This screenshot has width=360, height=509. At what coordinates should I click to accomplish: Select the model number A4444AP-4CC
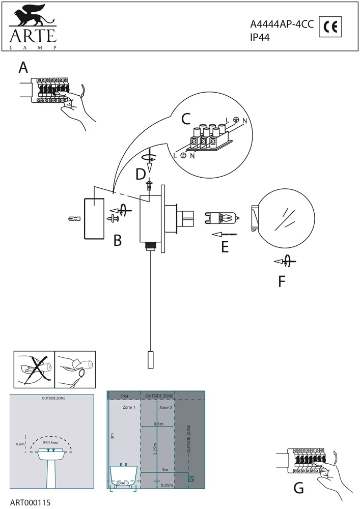(x=282, y=23)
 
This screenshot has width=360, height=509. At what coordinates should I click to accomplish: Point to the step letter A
(x=23, y=67)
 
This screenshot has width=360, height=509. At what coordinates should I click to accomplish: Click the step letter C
(x=186, y=119)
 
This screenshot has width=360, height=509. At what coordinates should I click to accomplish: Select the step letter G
(x=299, y=488)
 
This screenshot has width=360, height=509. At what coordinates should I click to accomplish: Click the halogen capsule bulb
(x=222, y=219)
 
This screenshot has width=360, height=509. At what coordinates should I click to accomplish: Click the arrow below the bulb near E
(x=224, y=234)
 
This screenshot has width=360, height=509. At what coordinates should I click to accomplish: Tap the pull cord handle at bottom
(x=151, y=360)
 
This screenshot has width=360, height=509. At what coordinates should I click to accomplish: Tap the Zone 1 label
(x=129, y=408)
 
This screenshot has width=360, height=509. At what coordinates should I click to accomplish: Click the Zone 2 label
(x=165, y=408)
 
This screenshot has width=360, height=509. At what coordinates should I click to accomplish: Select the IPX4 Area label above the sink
(x=50, y=443)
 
